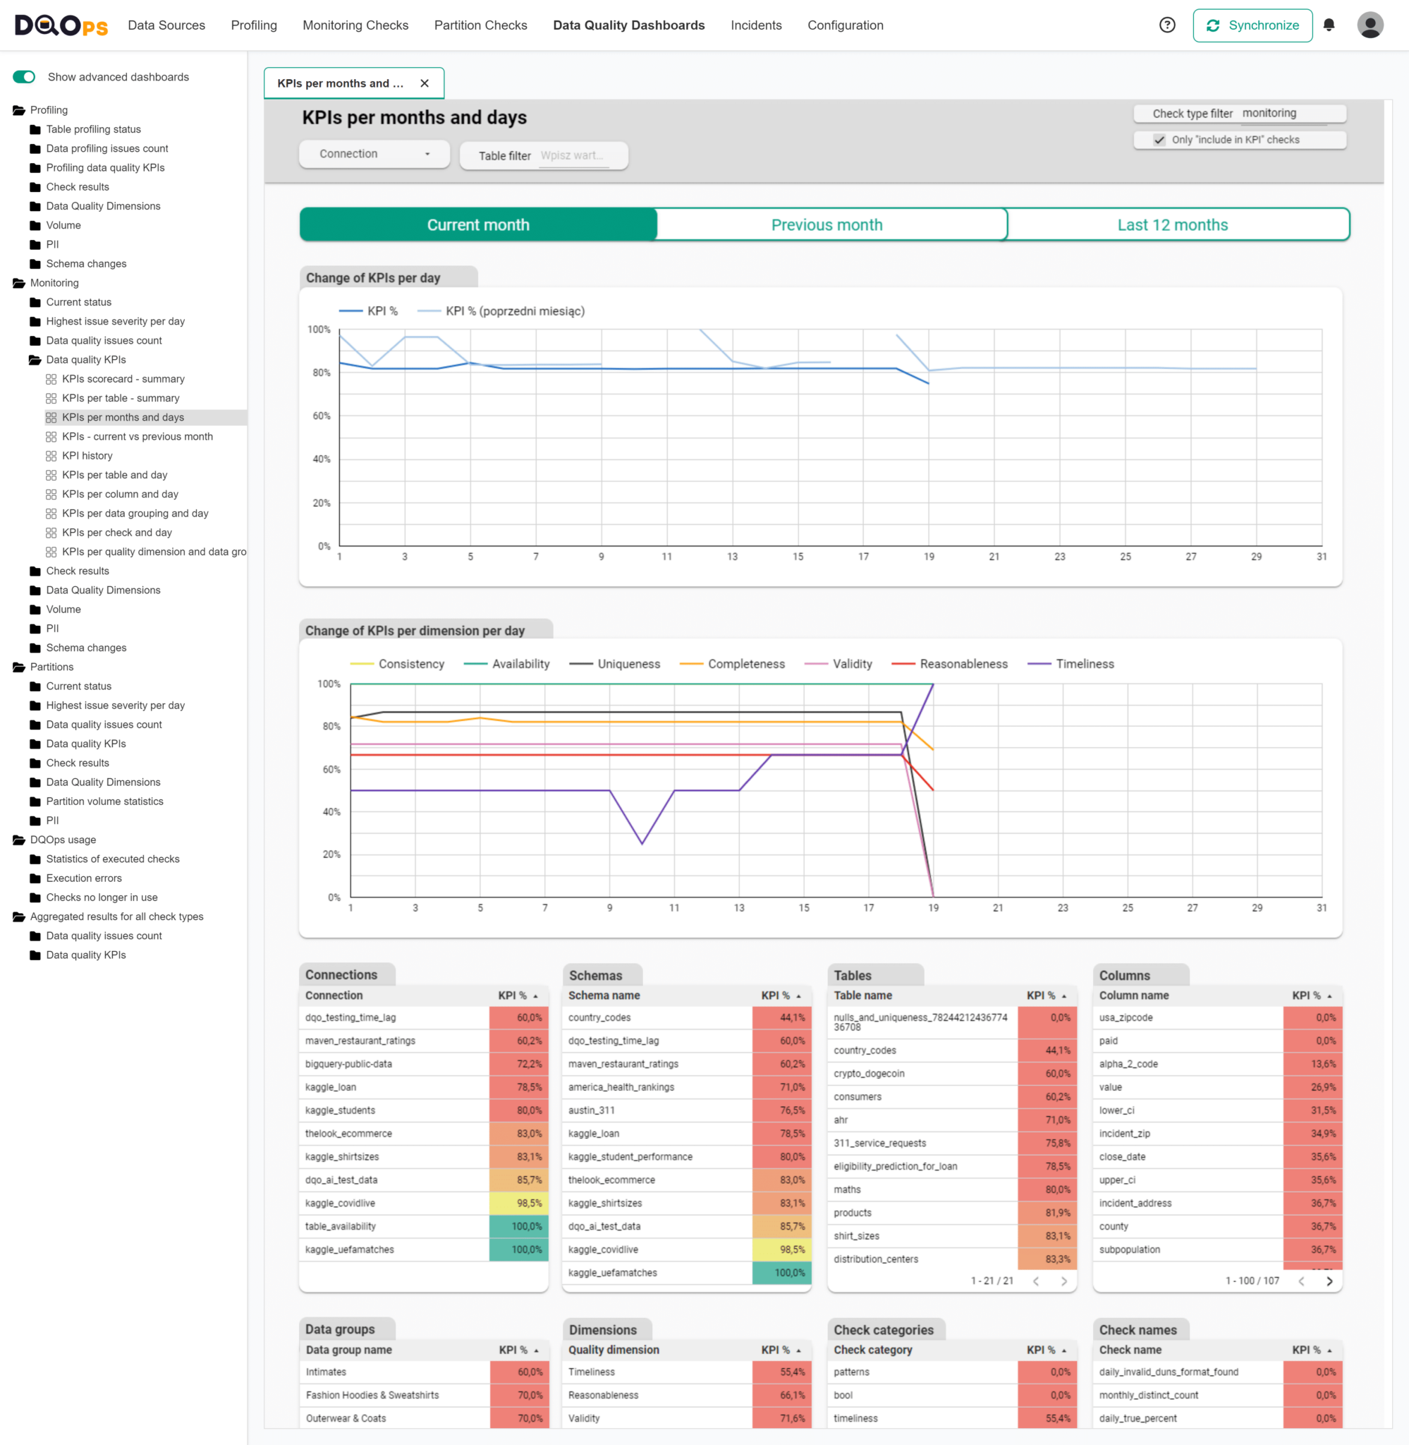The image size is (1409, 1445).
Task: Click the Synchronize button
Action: (1252, 25)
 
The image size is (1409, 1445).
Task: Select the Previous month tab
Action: (827, 225)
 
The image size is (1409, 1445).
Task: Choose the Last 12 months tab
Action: (1172, 225)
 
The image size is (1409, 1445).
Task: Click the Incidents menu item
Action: (755, 25)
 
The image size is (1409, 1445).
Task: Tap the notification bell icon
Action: (1329, 25)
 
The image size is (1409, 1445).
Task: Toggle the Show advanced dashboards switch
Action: (24, 77)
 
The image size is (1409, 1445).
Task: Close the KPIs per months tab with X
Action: (424, 84)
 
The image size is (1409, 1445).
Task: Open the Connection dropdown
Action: (374, 154)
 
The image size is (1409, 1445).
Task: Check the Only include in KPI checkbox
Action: (1159, 140)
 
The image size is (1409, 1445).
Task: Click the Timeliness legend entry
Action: (1083, 664)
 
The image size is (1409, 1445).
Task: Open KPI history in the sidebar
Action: (87, 456)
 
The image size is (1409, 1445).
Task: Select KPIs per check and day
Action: (117, 533)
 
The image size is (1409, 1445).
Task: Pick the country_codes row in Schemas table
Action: (599, 1018)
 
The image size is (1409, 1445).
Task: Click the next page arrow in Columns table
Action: (1329, 1281)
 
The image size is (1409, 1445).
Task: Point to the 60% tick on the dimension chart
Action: (331, 769)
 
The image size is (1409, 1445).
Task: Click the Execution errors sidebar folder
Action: (84, 878)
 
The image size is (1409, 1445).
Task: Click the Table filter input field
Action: (573, 155)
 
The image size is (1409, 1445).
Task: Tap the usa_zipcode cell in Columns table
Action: (1126, 1018)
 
